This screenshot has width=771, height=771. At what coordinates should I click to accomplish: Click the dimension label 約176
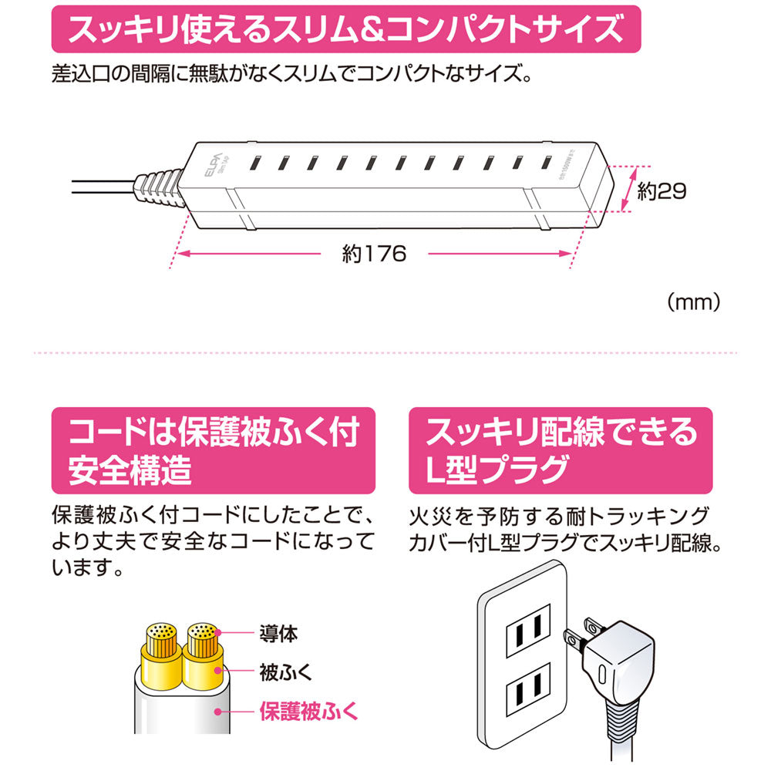coord(374,254)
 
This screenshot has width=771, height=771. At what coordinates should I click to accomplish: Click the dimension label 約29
coord(662,190)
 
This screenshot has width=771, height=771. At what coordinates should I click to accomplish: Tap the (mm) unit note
coord(694,302)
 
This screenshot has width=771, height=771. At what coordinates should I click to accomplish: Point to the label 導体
coord(279,633)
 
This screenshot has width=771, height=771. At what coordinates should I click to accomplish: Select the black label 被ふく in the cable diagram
coord(286,672)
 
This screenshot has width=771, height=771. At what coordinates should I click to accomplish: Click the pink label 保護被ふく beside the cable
coord(309,711)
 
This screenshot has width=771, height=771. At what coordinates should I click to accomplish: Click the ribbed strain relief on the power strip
coord(158,186)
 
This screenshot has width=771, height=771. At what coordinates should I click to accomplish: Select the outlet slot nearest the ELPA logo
coord(255,163)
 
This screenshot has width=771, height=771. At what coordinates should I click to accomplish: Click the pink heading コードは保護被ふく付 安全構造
coord(214,450)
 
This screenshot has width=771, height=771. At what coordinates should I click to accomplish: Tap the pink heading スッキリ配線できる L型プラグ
coord(561,450)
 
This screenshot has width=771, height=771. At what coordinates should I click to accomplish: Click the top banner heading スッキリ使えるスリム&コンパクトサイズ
coord(346,29)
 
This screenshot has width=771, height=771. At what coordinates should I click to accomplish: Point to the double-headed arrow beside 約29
coord(631,189)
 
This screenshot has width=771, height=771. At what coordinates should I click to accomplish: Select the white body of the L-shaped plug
coord(621,662)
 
